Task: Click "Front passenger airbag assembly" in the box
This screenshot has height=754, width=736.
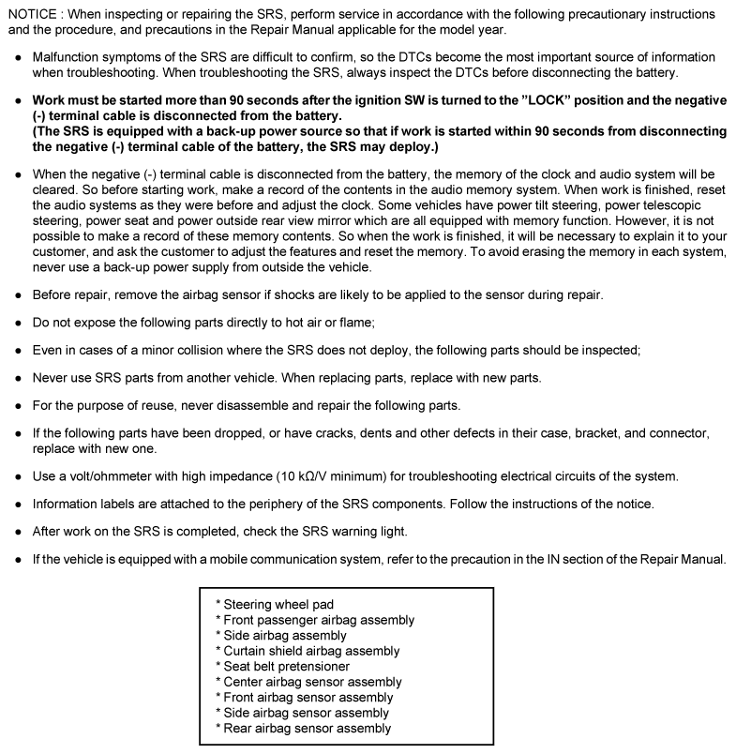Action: pyautogui.click(x=318, y=620)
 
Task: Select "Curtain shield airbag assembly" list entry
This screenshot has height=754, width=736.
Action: pyautogui.click(x=310, y=651)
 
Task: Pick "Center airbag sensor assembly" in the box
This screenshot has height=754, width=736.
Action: pyautogui.click(x=311, y=682)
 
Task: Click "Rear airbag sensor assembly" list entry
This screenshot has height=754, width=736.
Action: pyautogui.click(x=306, y=729)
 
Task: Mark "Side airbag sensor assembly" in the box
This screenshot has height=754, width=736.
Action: pyautogui.click(x=306, y=713)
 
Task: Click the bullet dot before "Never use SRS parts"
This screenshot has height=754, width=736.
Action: pyautogui.click(x=18, y=379)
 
